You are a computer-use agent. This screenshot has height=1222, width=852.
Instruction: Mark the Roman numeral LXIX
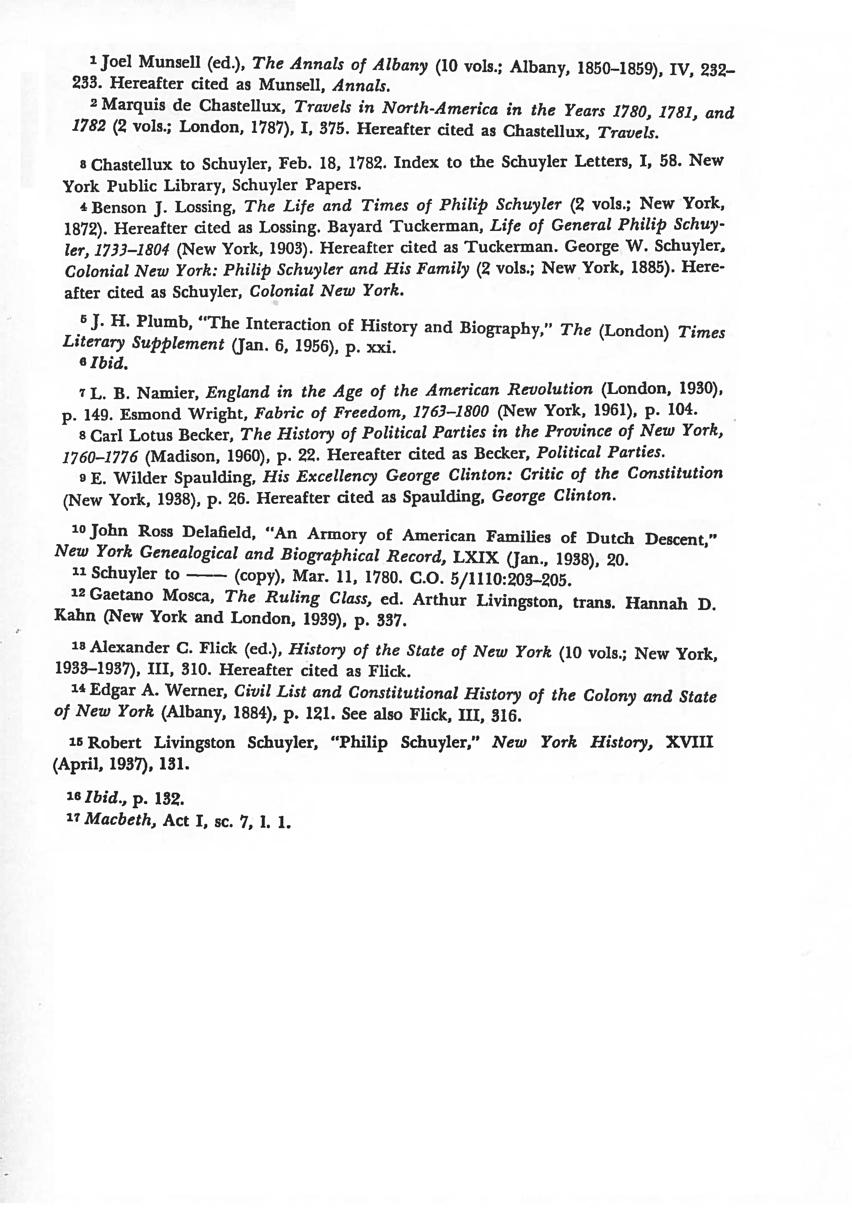(475, 557)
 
